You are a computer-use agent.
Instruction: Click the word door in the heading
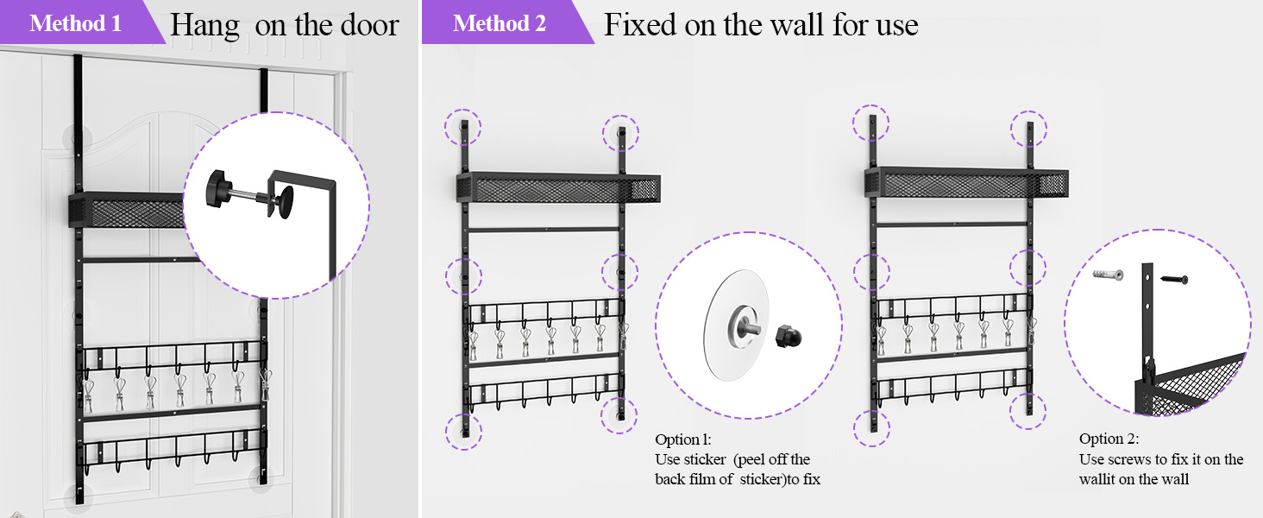pyautogui.click(x=370, y=25)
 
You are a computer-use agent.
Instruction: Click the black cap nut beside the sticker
pyautogui.click(x=789, y=337)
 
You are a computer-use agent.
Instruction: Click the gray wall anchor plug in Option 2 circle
pyautogui.click(x=1108, y=275)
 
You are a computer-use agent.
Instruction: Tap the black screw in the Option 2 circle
pyautogui.click(x=1174, y=279)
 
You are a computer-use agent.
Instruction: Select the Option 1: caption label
pyautogui.click(x=682, y=439)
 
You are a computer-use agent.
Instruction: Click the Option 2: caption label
pyautogui.click(x=1109, y=439)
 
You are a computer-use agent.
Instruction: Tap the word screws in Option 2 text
pyautogui.click(x=1129, y=459)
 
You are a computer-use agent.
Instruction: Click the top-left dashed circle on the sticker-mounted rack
pyautogui.click(x=463, y=127)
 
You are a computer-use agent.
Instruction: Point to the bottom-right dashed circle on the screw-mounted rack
pyautogui.click(x=1027, y=411)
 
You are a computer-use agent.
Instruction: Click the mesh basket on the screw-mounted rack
pyautogui.click(x=966, y=182)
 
